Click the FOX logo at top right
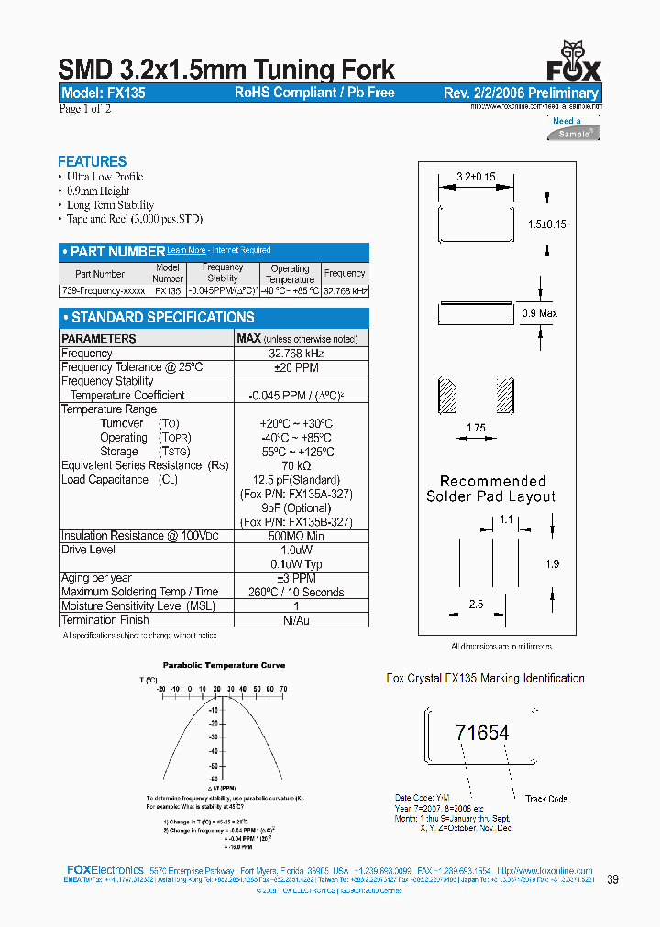pyautogui.click(x=574, y=62)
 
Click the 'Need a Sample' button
pyautogui.click(x=574, y=128)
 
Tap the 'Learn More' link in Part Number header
pyautogui.click(x=186, y=250)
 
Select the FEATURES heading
pyautogui.click(x=92, y=161)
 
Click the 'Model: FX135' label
pyautogui.click(x=103, y=93)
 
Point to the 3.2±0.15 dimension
pyautogui.click(x=475, y=177)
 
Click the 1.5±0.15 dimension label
pyautogui.click(x=547, y=224)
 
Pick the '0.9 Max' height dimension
pyautogui.click(x=540, y=313)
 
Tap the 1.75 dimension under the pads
pyautogui.click(x=476, y=428)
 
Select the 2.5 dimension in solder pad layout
pyautogui.click(x=476, y=605)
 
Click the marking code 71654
pyautogui.click(x=482, y=733)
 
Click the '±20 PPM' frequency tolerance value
pyautogui.click(x=295, y=367)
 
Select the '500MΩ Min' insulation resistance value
pyautogui.click(x=295, y=536)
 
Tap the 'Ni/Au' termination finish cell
pyautogui.click(x=295, y=620)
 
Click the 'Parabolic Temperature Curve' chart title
pyautogui.click(x=224, y=665)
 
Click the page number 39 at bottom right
pyautogui.click(x=612, y=879)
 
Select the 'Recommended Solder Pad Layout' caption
pyautogui.click(x=490, y=489)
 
